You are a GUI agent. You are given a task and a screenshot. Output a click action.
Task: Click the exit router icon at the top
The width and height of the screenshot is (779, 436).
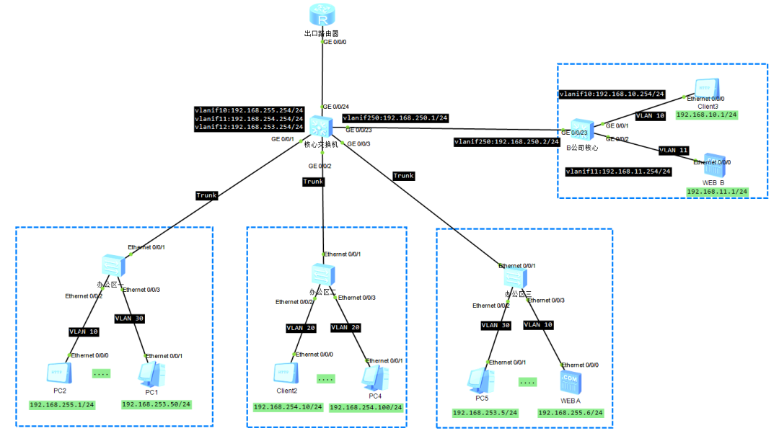click(x=322, y=16)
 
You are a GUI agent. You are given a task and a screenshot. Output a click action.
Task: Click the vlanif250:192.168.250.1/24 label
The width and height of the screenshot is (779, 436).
click(x=395, y=117)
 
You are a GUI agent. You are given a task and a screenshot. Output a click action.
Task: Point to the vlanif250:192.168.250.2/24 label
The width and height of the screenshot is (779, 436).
click(x=506, y=142)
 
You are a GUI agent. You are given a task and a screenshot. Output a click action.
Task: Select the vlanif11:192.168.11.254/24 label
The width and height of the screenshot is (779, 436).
click(x=618, y=172)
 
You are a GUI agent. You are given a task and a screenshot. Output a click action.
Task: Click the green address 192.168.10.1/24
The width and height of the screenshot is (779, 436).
click(x=706, y=115)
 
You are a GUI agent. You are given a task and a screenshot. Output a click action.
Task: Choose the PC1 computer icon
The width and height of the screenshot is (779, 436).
click(x=151, y=373)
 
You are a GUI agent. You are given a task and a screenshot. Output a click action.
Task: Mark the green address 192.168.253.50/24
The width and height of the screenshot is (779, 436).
click(x=156, y=404)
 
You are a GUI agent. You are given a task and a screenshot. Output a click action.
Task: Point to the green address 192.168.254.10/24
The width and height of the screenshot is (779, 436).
click(x=288, y=407)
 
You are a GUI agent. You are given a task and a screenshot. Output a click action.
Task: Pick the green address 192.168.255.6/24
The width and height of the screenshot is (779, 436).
click(x=570, y=413)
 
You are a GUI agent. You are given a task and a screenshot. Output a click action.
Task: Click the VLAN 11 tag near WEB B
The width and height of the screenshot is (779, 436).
click(x=673, y=151)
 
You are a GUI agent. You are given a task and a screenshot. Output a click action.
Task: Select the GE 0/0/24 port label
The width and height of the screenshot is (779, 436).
click(x=335, y=107)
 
